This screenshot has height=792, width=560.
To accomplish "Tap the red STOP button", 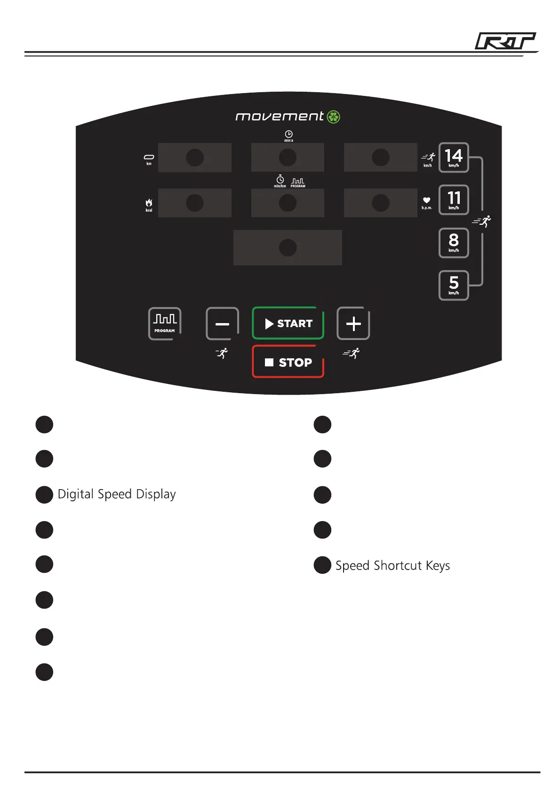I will [288, 362].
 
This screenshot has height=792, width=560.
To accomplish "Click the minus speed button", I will [222, 324].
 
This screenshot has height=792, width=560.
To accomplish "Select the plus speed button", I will [353, 324].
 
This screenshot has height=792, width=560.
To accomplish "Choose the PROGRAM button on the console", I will [165, 323].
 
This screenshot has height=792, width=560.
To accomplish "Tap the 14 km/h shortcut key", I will [454, 158].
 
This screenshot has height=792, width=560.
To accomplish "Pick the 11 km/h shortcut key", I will [454, 200].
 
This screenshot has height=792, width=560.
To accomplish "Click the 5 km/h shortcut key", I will [454, 285].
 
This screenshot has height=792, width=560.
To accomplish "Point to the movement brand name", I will [280, 117].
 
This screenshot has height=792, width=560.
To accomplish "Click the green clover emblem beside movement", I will [334, 117].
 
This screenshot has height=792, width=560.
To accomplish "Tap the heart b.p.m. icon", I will [426, 200].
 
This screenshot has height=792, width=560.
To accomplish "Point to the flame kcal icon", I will [149, 203].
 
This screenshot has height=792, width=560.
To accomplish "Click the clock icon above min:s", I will [288, 134].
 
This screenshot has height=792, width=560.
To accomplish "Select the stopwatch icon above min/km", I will [280, 180].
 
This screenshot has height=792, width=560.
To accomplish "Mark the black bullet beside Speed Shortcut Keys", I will [322, 565].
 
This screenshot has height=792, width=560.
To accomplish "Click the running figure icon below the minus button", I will [222, 353].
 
